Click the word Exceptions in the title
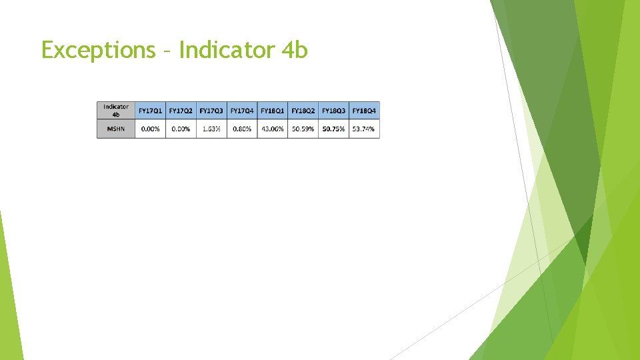click(98, 50)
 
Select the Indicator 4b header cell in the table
click(116, 110)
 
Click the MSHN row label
click(116, 129)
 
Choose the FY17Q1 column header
click(150, 110)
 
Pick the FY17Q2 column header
click(181, 110)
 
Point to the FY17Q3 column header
click(211, 110)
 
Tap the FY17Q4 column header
click(242, 110)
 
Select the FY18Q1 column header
click(273, 110)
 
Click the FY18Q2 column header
click(303, 110)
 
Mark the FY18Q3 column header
click(334, 110)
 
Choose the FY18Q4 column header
click(364, 110)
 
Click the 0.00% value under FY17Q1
click(150, 129)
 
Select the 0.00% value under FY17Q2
click(181, 129)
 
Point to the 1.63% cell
click(211, 129)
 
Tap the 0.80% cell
click(242, 129)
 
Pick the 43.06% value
click(273, 129)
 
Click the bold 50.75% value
click(334, 129)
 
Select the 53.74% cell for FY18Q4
click(364, 129)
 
